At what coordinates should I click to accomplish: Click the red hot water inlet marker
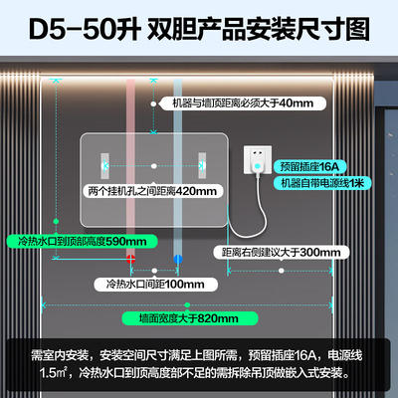[130, 259]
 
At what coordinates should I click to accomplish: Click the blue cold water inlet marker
[178, 259]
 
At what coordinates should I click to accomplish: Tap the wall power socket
[258, 159]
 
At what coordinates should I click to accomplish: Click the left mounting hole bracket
[104, 165]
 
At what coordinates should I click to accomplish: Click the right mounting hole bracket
[202, 165]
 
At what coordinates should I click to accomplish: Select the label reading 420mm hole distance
[152, 191]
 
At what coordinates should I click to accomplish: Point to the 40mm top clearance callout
[243, 103]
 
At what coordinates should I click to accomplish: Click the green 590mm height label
[82, 241]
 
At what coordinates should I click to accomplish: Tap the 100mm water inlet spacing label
[155, 285]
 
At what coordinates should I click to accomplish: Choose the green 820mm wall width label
[189, 318]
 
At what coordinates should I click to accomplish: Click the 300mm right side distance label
[282, 253]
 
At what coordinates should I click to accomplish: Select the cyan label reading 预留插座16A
[309, 166]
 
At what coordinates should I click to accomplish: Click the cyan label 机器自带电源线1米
[322, 183]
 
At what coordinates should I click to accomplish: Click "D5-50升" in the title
[85, 30]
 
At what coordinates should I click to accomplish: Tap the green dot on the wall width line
[187, 304]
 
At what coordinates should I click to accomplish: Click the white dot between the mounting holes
[153, 166]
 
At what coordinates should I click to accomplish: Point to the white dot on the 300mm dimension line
[282, 271]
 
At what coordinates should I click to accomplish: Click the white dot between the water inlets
[154, 271]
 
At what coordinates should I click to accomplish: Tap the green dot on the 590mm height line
[56, 221]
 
